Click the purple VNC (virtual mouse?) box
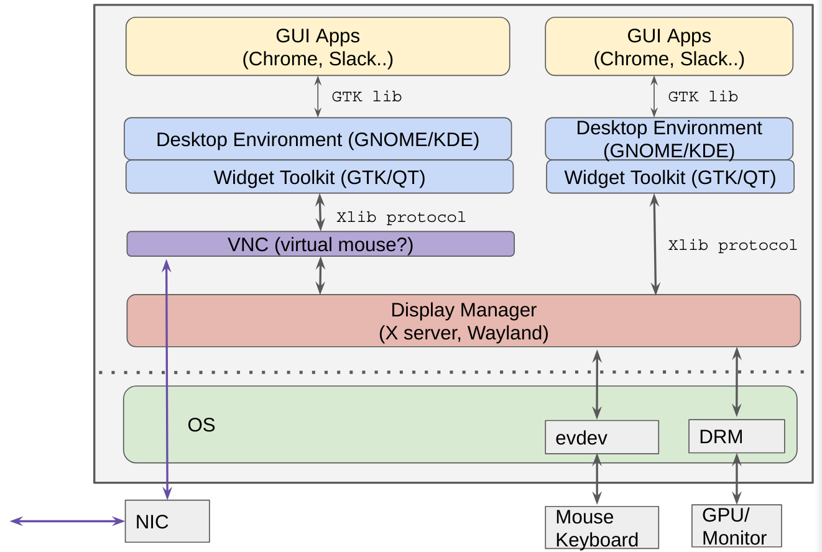320,244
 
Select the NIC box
167,521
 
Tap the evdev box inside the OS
601,437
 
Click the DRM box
736,436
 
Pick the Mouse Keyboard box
601,527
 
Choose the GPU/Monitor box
736,526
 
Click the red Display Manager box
463,321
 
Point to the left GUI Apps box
318,47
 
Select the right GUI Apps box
668,47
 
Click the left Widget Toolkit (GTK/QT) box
319,177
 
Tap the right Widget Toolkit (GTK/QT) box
670,177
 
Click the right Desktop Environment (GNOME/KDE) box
668,139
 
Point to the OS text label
201,425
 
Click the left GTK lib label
366,96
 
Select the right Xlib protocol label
732,245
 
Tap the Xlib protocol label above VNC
400,218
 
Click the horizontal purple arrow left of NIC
67,521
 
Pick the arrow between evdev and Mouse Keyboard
597,479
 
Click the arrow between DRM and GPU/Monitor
737,478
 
